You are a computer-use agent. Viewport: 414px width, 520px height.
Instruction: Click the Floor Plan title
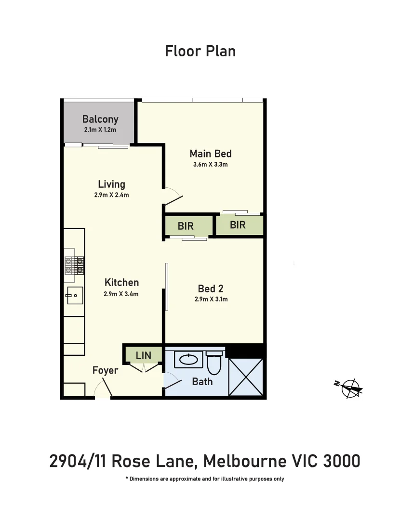(x=200, y=51)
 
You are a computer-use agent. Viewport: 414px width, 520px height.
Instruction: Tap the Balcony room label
(x=100, y=119)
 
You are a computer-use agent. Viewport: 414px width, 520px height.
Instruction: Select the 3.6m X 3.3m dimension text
(x=210, y=164)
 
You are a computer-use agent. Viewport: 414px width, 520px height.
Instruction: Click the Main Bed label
(x=210, y=154)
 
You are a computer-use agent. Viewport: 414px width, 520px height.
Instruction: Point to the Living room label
(x=111, y=184)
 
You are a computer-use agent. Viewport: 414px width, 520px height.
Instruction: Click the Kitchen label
(x=121, y=283)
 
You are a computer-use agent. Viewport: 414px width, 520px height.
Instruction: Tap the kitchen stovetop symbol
(x=75, y=265)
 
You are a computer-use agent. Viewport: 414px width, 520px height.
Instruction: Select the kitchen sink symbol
(x=74, y=295)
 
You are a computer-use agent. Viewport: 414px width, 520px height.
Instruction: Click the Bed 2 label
(x=211, y=289)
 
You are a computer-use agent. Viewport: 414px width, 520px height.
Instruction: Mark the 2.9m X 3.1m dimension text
(x=211, y=299)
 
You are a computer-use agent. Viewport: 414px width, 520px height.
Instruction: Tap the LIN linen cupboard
(x=144, y=356)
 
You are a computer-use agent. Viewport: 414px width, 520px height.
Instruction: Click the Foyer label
(x=105, y=370)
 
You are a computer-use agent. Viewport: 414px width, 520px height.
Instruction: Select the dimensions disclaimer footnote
(x=204, y=479)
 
